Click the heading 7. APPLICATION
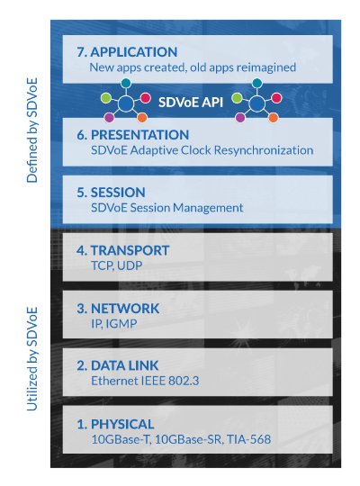(x=127, y=52)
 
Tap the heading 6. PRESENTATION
(x=133, y=135)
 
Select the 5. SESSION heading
(x=111, y=193)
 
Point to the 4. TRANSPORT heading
(x=123, y=250)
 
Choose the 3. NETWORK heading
(x=118, y=309)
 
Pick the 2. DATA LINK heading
(x=118, y=366)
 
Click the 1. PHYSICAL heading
(x=115, y=424)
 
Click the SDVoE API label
(x=191, y=102)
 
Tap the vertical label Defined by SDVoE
(x=32, y=130)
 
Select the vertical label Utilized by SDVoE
(x=32, y=359)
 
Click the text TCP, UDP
(x=117, y=265)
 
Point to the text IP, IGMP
(x=113, y=324)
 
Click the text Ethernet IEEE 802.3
(x=145, y=381)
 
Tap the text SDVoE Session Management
(x=166, y=208)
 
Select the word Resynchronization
(x=264, y=150)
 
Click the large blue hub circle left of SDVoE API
(x=126, y=103)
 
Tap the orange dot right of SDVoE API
(x=273, y=118)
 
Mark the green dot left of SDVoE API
(x=105, y=98)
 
